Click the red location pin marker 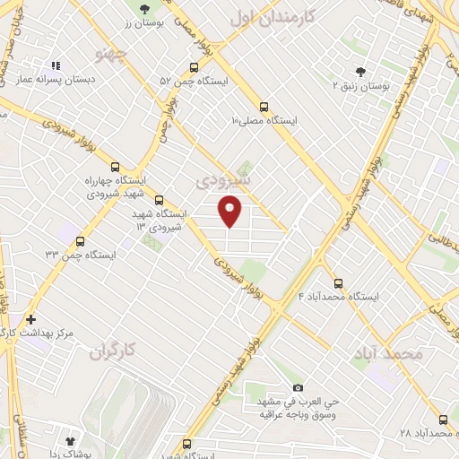pyautogui.click(x=230, y=212)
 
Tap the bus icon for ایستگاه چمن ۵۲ pyautogui.click(x=195, y=67)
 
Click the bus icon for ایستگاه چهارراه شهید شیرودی pyautogui.click(x=114, y=166)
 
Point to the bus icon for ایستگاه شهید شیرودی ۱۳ pyautogui.click(x=159, y=200)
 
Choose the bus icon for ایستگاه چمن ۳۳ pyautogui.click(x=80, y=241)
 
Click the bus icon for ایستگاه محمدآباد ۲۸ pyautogui.click(x=443, y=419)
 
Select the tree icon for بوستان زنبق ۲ pyautogui.click(x=361, y=71)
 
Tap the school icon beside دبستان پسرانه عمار pyautogui.click(x=56, y=65)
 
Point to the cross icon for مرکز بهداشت pyautogui.click(x=31, y=318)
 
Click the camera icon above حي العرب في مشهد pyautogui.click(x=299, y=387)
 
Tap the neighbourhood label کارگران pyautogui.click(x=116, y=352)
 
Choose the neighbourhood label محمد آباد pyautogui.click(x=388, y=354)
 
